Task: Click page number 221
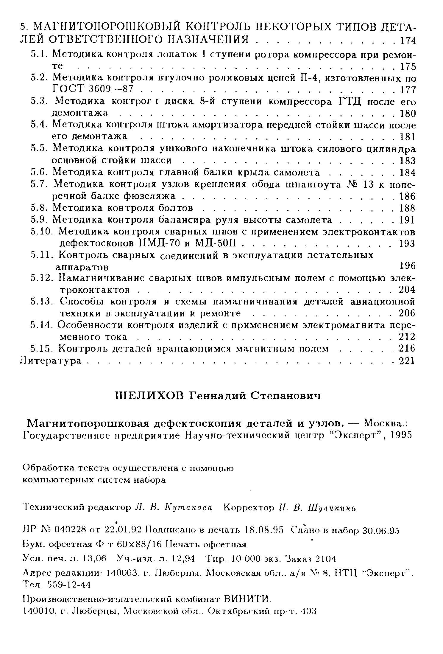point(407,361)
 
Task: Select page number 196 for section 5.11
point(407,265)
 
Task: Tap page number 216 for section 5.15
point(407,349)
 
